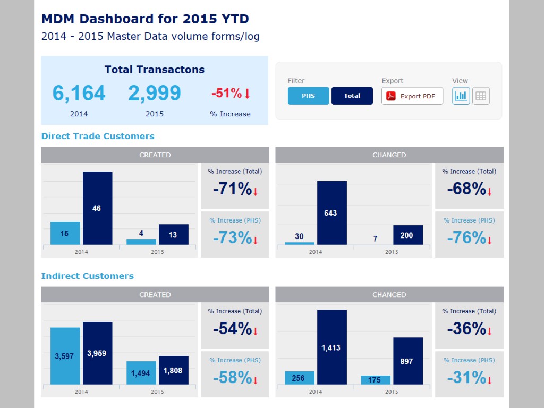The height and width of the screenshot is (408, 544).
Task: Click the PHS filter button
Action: [x=308, y=96]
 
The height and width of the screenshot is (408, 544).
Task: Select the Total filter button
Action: [x=352, y=96]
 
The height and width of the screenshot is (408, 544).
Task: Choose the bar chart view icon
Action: [x=461, y=96]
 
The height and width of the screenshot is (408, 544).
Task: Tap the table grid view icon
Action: [x=481, y=96]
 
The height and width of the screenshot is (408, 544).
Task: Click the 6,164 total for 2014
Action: [x=79, y=93]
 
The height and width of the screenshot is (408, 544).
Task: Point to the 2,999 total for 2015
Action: [x=155, y=93]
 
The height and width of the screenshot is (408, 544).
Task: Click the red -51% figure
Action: [x=226, y=93]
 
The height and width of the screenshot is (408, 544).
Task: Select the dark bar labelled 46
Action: [x=98, y=208]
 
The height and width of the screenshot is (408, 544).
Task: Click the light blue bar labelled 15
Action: [x=65, y=233]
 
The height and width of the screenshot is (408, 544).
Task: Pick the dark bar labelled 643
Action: [x=332, y=213]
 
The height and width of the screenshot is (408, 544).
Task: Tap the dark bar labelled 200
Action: [x=408, y=235]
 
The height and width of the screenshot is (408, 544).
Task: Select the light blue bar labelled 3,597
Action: [x=65, y=356]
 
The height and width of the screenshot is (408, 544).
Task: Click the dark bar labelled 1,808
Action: [x=174, y=370]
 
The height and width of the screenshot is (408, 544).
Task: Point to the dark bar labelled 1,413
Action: [x=332, y=347]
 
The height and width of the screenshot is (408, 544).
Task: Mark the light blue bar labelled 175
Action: [x=376, y=380]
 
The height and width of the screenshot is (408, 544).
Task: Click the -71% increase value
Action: [x=233, y=189]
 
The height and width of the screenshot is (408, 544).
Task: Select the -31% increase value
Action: [x=466, y=378]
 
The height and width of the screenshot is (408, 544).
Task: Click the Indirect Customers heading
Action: [x=88, y=276]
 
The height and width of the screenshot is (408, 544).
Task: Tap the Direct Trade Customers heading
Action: [x=98, y=136]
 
